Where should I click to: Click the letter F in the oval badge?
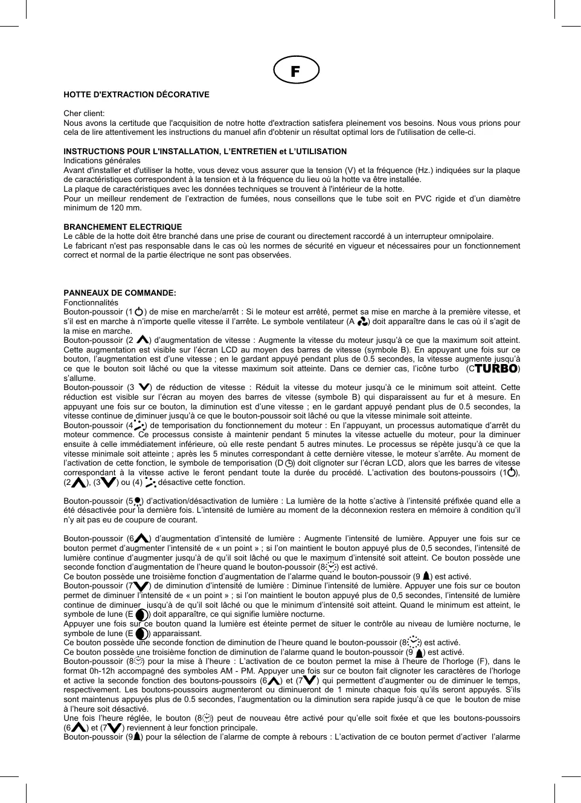coord(295,71)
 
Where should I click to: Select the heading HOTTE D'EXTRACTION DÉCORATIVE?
coord(136,95)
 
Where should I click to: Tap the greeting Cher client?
coord(84,114)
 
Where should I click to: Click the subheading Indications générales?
coord(102,161)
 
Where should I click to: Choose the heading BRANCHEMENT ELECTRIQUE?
coord(123,227)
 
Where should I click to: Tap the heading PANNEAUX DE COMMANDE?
coord(120,293)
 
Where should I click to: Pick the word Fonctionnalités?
coord(91,303)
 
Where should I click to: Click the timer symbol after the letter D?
coord(289,464)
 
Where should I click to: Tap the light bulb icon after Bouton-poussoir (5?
coord(138,501)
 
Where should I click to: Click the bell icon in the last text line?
coord(138,737)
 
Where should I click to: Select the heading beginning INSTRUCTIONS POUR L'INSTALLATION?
coord(205,151)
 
